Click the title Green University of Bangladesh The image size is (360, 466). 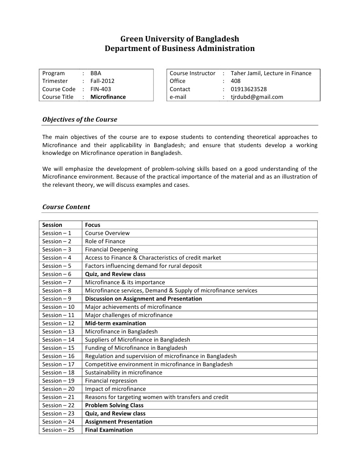(x=180, y=39)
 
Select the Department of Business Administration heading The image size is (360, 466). (x=180, y=48)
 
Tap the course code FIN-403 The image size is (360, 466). (x=101, y=89)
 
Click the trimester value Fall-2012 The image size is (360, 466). (x=102, y=81)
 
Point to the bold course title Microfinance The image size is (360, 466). (x=108, y=97)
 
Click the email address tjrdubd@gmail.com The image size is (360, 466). (x=257, y=97)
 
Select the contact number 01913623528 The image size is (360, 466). (x=248, y=89)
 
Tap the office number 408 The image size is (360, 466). (x=236, y=81)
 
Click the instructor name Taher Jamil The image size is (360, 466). (x=246, y=73)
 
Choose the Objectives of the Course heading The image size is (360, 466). (x=80, y=120)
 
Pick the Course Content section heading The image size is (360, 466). (x=66, y=207)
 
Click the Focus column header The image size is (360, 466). (x=92, y=225)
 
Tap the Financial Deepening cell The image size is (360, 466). (x=112, y=250)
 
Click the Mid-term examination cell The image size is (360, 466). (x=116, y=323)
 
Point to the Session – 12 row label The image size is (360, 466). (x=58, y=323)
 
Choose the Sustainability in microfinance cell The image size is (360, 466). (x=123, y=373)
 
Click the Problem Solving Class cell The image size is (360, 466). (x=114, y=405)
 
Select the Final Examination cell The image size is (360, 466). (x=109, y=430)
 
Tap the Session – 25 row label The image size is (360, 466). (x=58, y=430)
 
